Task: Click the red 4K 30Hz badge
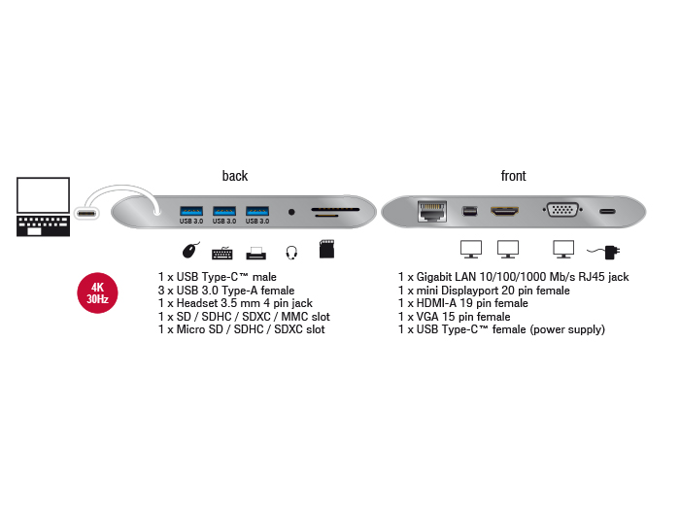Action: [98, 293]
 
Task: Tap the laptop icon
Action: [44, 206]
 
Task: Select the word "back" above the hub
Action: [234, 176]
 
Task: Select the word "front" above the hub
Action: [513, 176]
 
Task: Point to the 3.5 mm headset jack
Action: [291, 210]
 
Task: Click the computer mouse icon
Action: [190, 252]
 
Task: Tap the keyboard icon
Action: [222, 253]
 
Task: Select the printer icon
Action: [255, 253]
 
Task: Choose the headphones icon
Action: [290, 253]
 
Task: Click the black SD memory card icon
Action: [328, 251]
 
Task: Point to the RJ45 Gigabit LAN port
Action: [429, 209]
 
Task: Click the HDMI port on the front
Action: [504, 210]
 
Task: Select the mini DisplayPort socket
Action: [469, 210]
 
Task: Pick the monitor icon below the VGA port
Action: [562, 251]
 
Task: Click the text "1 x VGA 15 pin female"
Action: [454, 317]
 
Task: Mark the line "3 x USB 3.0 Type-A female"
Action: [226, 291]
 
